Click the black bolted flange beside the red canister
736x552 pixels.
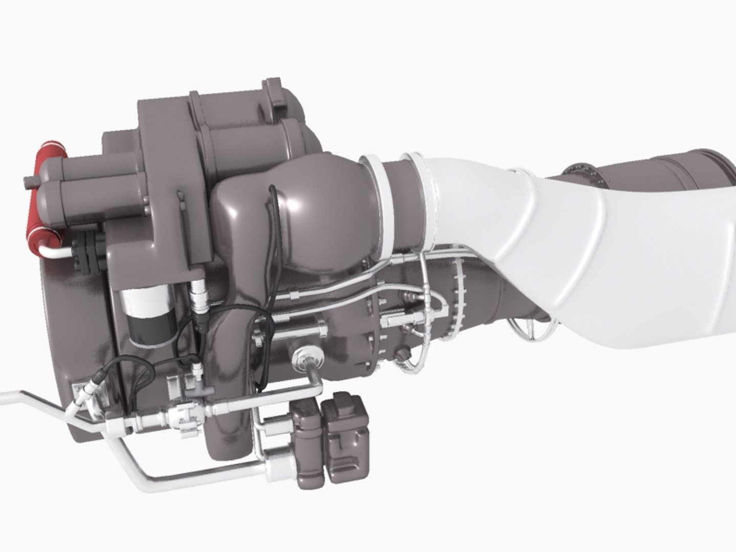[84, 250]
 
